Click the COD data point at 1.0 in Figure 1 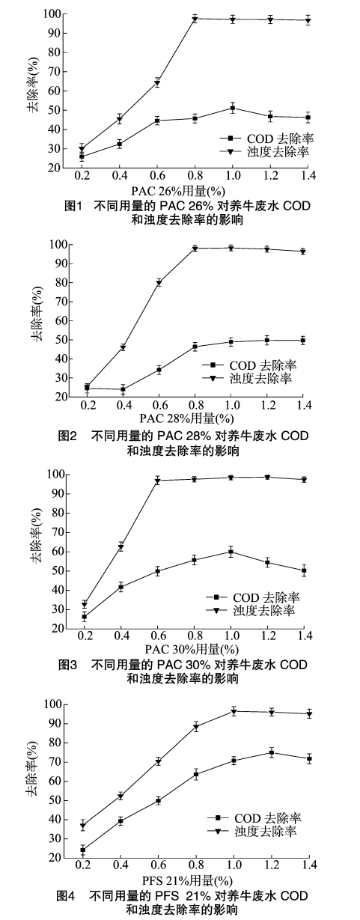[233, 109]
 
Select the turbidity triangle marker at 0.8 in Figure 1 [195, 19]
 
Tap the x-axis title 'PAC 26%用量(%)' [180, 189]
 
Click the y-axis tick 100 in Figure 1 [52, 13]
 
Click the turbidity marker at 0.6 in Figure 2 [158, 282]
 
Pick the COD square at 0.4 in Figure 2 [122, 389]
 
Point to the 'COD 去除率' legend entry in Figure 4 [257, 818]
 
